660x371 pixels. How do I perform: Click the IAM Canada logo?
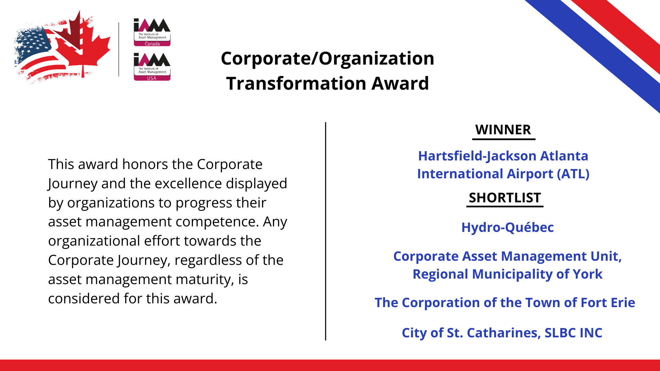pos(152,32)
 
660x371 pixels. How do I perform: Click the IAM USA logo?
pos(152,67)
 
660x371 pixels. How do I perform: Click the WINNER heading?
pos(503,130)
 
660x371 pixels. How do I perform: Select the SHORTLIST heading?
pos(505,198)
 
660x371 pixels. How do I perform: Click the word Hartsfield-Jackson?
pos(477,156)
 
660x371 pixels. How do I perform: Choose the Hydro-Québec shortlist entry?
pos(508,227)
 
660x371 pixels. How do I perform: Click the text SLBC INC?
pos(573,333)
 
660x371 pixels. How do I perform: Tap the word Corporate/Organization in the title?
pos(328,58)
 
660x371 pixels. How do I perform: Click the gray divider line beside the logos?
pos(119,49)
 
